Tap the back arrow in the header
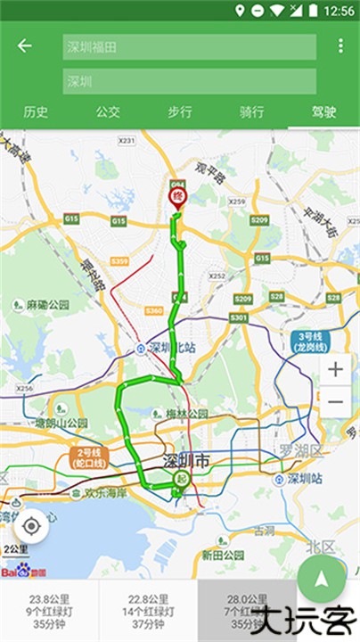coord(25,46)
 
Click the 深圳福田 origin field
coord(189,47)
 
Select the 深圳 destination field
coord(189,81)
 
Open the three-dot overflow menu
coord(340,46)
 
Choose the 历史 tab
coord(36,112)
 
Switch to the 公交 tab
coord(108,112)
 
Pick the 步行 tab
coord(180,112)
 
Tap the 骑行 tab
coord(252,112)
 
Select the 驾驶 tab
coord(323,112)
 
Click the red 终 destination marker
coord(176,193)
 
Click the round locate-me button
coord(31,525)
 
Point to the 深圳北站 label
coord(166,347)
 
